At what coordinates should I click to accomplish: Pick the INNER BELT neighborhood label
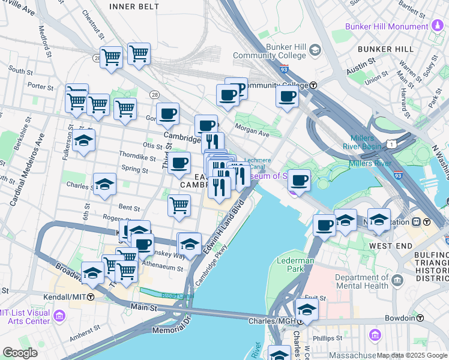tap(134, 7)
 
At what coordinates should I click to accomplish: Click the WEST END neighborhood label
tap(391, 246)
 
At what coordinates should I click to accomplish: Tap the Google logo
tap(20, 353)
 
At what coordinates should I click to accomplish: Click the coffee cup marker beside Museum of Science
tap(298, 180)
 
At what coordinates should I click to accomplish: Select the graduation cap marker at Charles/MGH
tap(306, 310)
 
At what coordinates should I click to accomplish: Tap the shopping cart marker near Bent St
tap(179, 206)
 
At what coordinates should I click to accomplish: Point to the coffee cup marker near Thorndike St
tap(178, 163)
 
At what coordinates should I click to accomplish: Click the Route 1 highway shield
tap(392, 145)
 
